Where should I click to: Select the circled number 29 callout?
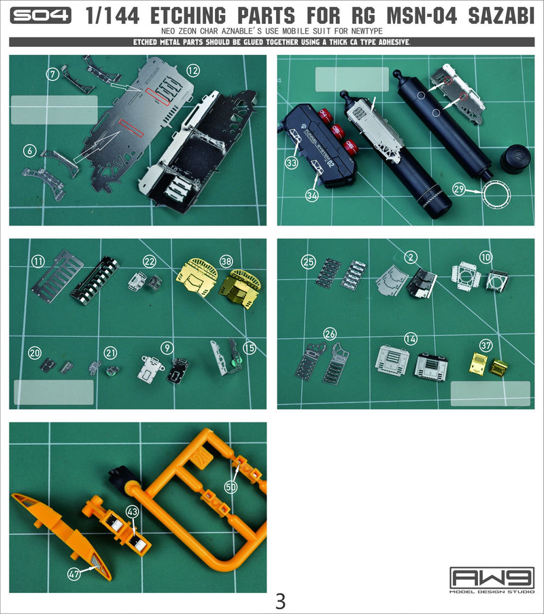(458, 189)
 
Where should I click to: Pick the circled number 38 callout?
(226, 261)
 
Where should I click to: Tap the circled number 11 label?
(37, 261)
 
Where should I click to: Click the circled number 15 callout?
(250, 348)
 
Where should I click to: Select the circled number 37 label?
(485, 346)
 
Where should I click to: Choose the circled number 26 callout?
(329, 333)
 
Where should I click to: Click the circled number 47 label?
(73, 573)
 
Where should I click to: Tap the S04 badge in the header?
(41, 16)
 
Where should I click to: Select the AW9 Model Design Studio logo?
(492, 580)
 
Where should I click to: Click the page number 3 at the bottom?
(280, 601)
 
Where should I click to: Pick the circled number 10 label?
(485, 257)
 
